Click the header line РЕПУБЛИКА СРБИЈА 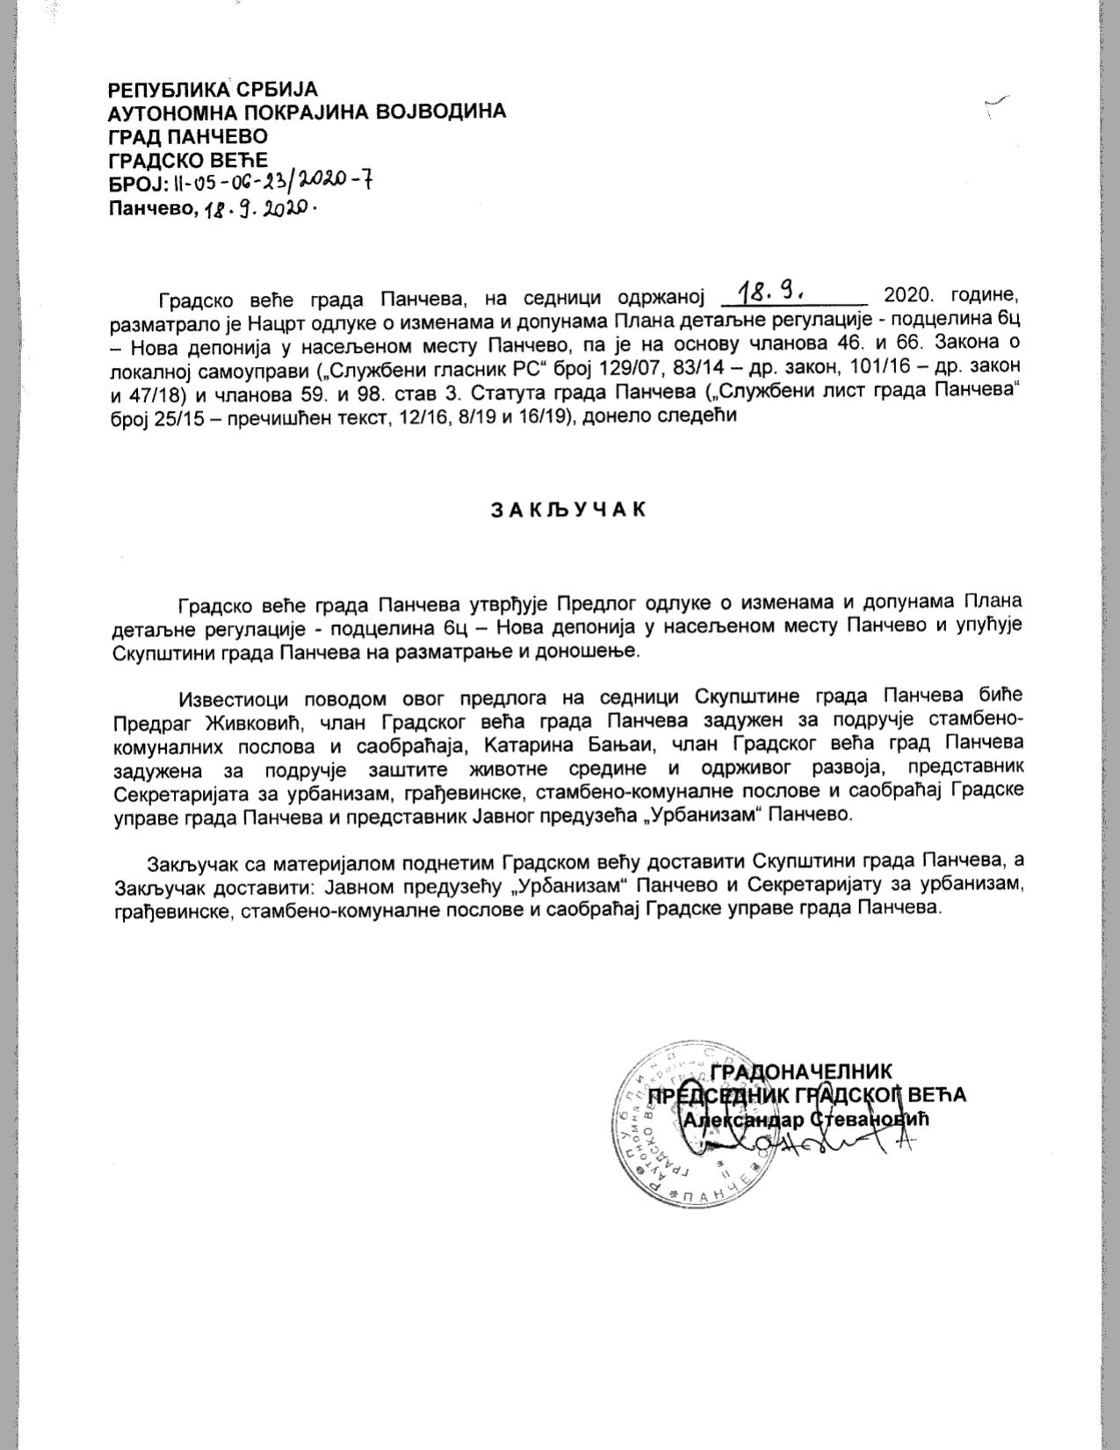(212, 90)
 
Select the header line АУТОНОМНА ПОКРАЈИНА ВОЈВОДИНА (307, 112)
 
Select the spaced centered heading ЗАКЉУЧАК (567, 510)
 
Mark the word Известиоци (235, 698)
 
